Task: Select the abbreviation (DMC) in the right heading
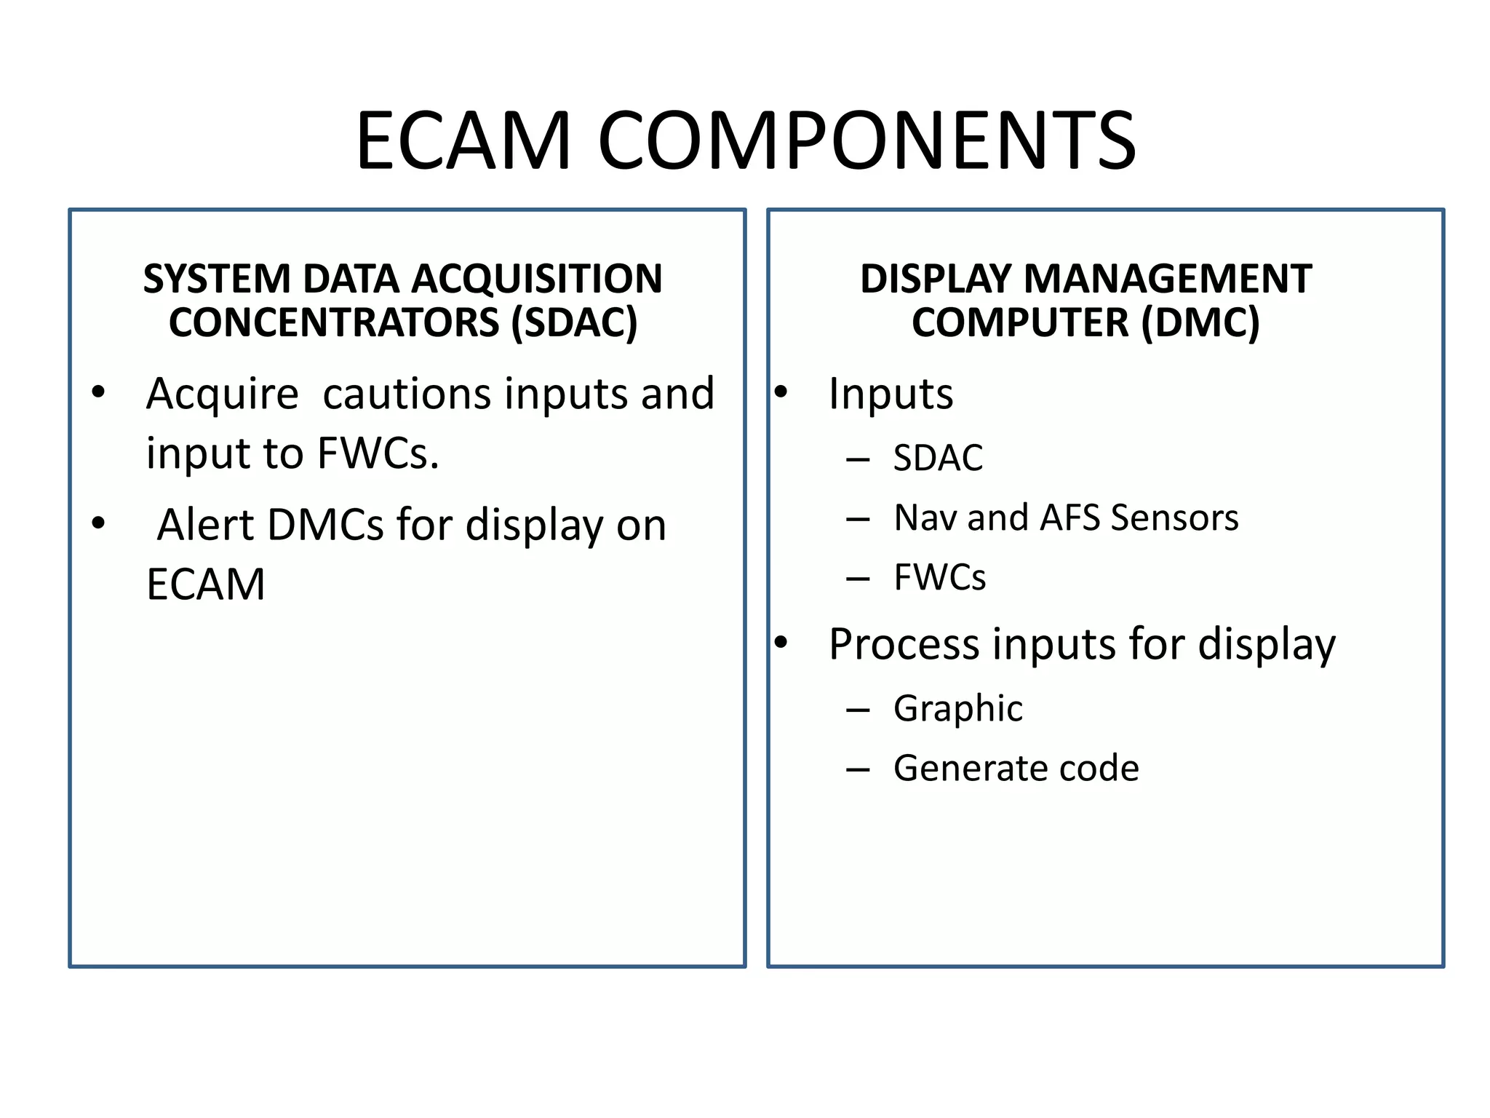(1200, 322)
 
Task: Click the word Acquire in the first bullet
(222, 394)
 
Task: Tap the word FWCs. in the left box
(378, 453)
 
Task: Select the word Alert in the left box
(198, 525)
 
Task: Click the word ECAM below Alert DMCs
(206, 584)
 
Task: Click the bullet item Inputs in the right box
(891, 394)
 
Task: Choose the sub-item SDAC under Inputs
(938, 459)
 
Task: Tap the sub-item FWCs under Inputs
(939, 578)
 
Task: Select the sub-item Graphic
(957, 708)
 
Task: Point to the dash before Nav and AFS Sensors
(858, 519)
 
